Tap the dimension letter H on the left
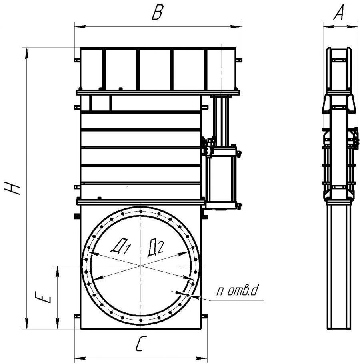point(12,188)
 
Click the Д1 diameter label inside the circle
point(121,246)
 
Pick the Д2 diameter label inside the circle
point(156,248)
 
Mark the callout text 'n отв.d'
point(237,291)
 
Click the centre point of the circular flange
point(141,265)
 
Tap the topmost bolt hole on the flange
point(141,211)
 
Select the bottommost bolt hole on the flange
point(141,320)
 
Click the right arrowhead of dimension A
point(352,27)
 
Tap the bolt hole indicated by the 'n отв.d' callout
point(188,295)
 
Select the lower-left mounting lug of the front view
point(77,316)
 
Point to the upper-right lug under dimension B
point(239,60)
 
